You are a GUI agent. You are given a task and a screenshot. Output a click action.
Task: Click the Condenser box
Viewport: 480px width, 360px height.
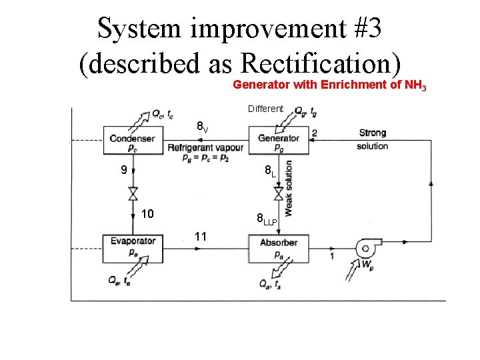tap(132, 142)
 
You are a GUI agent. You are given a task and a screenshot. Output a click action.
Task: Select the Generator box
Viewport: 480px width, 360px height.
tap(279, 142)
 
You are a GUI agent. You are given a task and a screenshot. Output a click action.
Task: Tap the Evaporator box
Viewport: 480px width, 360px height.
tap(133, 245)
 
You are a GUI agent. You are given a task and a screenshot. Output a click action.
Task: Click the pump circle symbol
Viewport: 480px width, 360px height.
tap(365, 249)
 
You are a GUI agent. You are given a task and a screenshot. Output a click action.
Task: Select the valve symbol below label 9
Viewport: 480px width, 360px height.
tap(133, 193)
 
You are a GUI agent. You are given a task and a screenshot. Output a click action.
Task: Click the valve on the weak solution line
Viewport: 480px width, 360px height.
tap(279, 193)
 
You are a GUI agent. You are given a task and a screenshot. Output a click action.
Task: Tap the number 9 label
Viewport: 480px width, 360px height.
tap(122, 170)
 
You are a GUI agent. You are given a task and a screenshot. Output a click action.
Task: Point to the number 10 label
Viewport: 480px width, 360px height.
tap(148, 213)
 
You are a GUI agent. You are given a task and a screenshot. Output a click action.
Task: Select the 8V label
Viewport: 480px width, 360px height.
tap(202, 126)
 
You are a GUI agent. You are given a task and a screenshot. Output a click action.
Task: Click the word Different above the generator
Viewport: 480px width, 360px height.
tap(265, 108)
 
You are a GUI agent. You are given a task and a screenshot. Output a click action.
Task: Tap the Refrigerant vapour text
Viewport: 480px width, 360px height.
tap(205, 147)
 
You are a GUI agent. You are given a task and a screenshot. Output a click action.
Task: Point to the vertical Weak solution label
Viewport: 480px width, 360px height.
tap(289, 188)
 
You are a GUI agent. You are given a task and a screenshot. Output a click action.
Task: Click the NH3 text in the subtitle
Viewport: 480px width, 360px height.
tap(417, 85)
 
